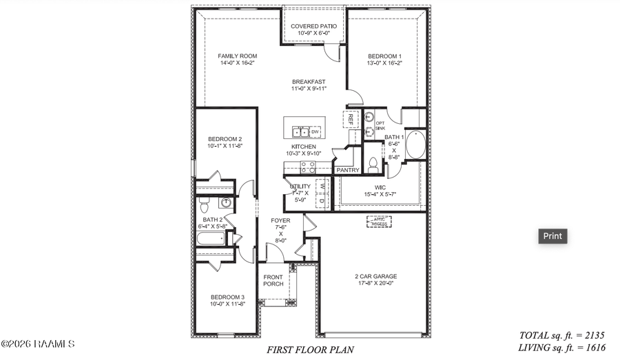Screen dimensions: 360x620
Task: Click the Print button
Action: click(x=552, y=236)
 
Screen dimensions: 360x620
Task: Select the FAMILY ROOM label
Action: click(x=237, y=56)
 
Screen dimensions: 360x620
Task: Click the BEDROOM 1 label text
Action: click(x=384, y=56)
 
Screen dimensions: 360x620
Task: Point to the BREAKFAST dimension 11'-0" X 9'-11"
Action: click(x=308, y=88)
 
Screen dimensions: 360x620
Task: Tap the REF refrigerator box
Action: click(x=351, y=119)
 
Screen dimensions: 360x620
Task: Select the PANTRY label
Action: click(x=347, y=170)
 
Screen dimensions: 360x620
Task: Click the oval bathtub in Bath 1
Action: click(x=415, y=145)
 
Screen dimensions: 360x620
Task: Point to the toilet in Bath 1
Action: click(x=373, y=165)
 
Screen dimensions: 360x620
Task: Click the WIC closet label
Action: click(x=380, y=187)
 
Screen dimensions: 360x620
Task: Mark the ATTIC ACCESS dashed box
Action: click(x=378, y=222)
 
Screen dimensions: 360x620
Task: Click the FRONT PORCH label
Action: click(x=273, y=280)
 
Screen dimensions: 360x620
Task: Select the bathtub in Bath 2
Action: click(x=211, y=240)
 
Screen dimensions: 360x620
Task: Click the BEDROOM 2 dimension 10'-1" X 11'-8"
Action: click(x=225, y=146)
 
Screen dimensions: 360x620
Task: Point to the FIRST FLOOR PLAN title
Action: click(x=310, y=350)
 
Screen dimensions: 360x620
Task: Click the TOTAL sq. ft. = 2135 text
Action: click(x=562, y=335)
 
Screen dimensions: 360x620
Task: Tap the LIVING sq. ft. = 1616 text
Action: click(x=562, y=348)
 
